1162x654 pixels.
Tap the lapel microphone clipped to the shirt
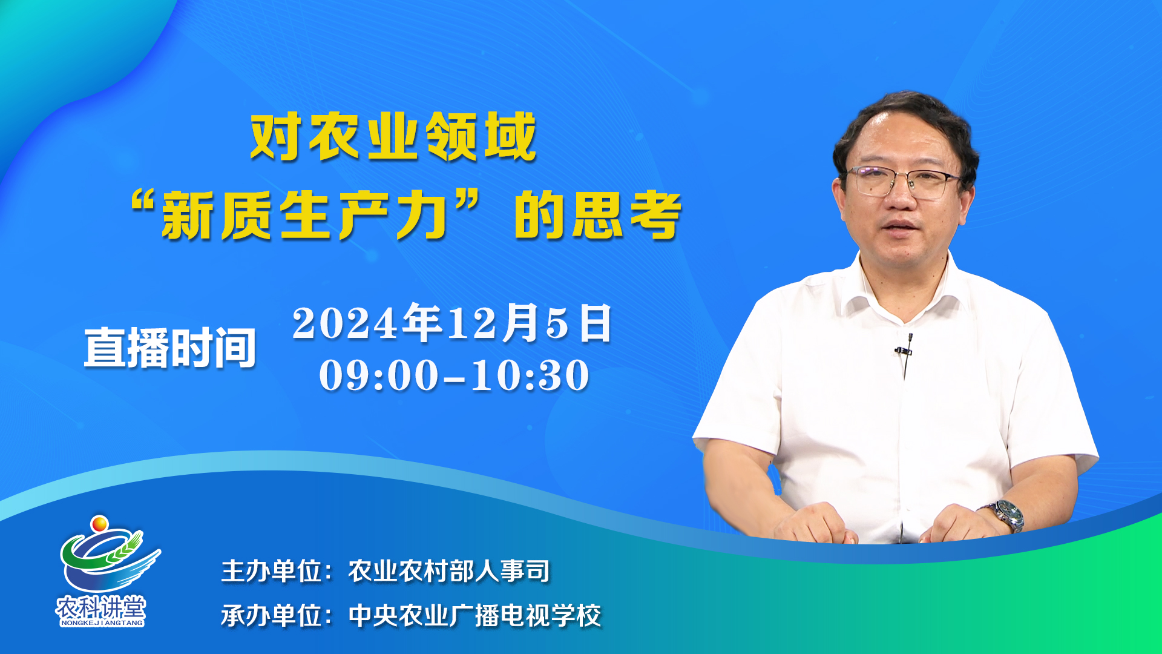tap(904, 349)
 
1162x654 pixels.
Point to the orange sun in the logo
tap(99, 523)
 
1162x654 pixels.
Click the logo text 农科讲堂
tap(101, 607)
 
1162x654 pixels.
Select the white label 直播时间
tap(170, 348)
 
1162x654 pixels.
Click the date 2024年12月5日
tap(452, 323)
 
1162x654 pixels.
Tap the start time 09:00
tap(379, 375)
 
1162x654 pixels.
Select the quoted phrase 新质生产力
tap(306, 215)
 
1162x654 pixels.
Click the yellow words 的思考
tap(597, 215)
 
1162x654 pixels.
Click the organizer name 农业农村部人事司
tap(449, 571)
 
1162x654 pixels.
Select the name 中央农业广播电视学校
tap(475, 616)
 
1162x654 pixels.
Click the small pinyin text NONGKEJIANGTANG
tap(102, 623)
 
